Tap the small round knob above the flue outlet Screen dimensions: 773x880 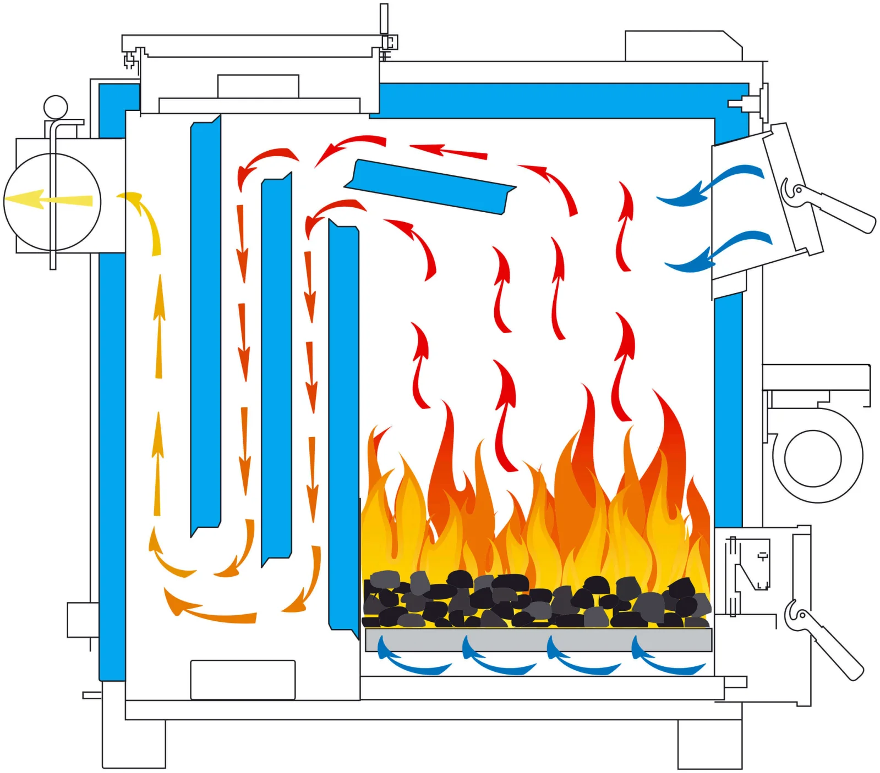[56, 107]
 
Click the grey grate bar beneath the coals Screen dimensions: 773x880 [538, 640]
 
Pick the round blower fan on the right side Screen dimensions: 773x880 [813, 458]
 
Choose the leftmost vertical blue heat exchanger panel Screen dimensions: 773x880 [205, 324]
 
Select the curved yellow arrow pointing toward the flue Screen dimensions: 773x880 [145, 220]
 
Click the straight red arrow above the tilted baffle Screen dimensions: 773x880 [449, 151]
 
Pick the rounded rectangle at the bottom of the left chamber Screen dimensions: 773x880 [243, 680]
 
